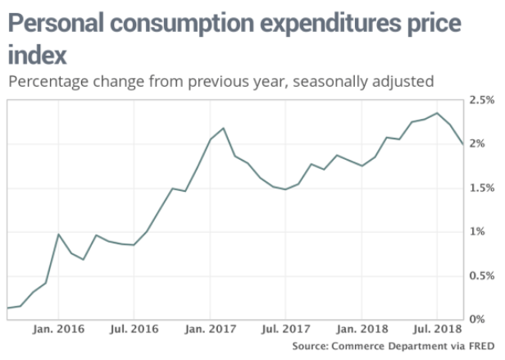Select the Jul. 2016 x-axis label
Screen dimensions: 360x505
pos(134,329)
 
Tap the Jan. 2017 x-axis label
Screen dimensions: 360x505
pos(211,329)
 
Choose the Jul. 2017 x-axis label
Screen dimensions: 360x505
pos(285,329)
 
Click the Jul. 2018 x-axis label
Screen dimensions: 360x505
pos(437,329)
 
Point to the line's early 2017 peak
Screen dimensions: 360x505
pos(224,128)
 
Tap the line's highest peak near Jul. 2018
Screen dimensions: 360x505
pos(437,113)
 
